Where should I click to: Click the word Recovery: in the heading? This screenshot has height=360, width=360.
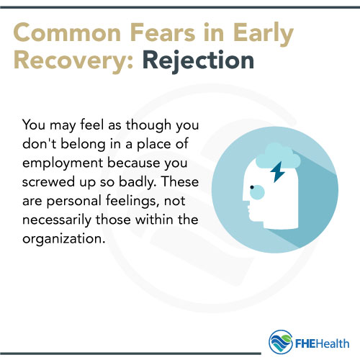click(x=71, y=60)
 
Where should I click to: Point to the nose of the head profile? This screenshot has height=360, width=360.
click(x=242, y=204)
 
